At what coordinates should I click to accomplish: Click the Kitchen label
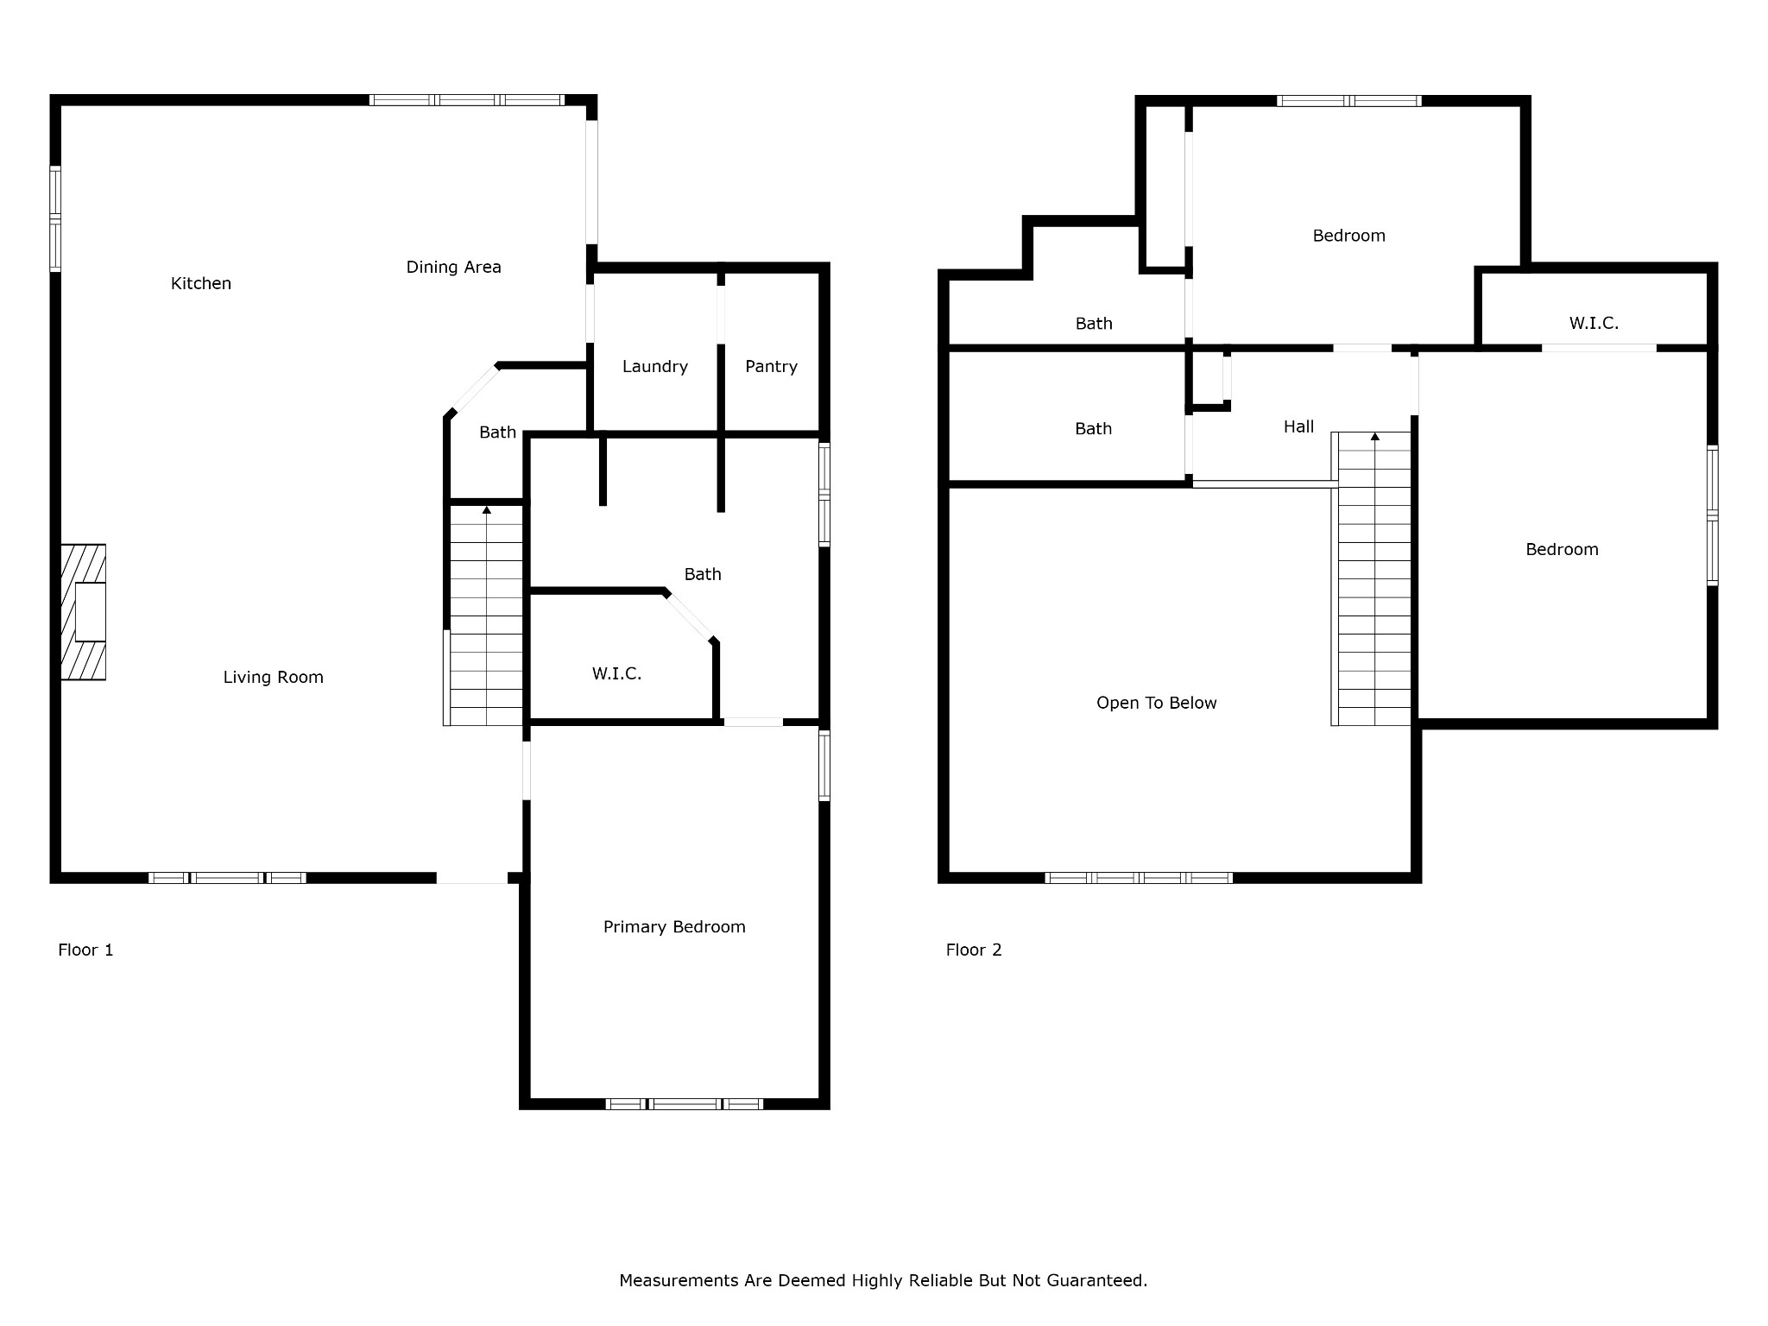coord(201,283)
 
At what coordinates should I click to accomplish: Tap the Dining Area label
coord(454,268)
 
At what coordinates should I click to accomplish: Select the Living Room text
coord(274,678)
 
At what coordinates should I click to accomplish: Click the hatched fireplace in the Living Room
coord(84,612)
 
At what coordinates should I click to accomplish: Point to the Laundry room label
coord(655,367)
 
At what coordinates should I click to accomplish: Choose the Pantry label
coord(772,367)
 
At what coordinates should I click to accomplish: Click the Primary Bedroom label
coord(674,927)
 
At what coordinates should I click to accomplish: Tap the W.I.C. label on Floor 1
coord(617,674)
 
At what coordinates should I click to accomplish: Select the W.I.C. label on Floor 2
coord(1594,324)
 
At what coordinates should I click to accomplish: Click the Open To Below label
coord(1157,704)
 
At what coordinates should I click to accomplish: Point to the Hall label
coord(1299,426)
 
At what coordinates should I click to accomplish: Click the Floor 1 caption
coord(85,950)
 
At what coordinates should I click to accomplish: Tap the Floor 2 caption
coord(974,950)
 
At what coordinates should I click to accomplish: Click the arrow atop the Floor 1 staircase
coord(487,510)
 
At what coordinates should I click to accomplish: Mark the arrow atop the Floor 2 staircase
coord(1375,436)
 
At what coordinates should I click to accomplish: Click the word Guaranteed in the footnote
coord(1098,1280)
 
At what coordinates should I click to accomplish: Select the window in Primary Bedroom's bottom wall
coord(685,1104)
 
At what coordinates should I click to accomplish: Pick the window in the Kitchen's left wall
coord(55,219)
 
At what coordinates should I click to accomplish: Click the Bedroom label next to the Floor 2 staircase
coord(1563,550)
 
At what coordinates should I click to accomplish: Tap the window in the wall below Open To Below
coord(1139,878)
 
